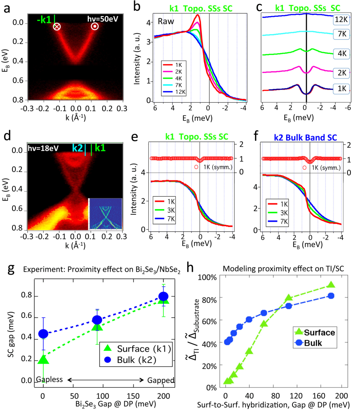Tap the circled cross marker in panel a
57,26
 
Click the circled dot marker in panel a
95,26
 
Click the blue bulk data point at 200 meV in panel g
163,296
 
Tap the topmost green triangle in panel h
331,285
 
